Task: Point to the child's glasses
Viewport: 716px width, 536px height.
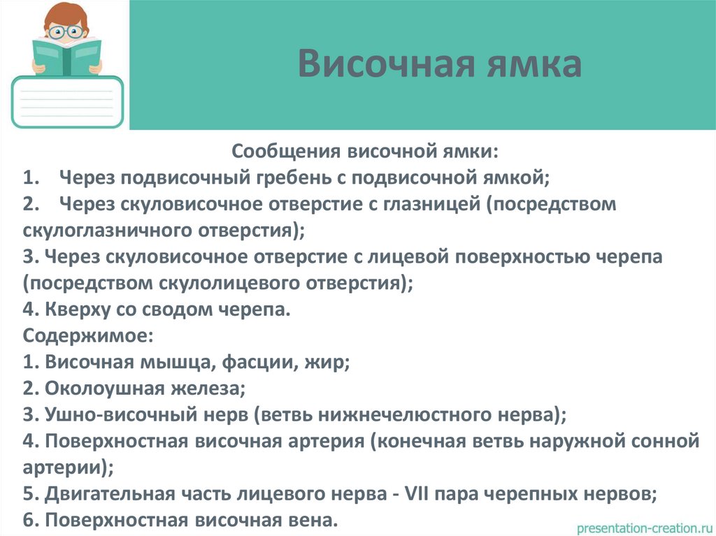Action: click(67, 31)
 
